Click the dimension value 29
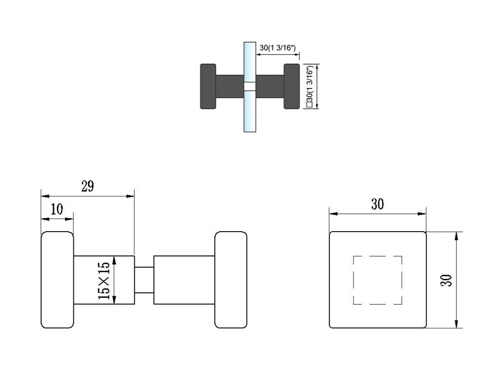(x=88, y=186)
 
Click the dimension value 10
(x=57, y=209)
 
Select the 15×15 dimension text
(x=104, y=280)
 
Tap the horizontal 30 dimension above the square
(x=377, y=204)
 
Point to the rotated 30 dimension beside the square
(x=446, y=280)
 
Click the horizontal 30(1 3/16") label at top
(x=278, y=48)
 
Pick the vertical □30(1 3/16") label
(x=310, y=86)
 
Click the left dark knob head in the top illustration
(x=208, y=86)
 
